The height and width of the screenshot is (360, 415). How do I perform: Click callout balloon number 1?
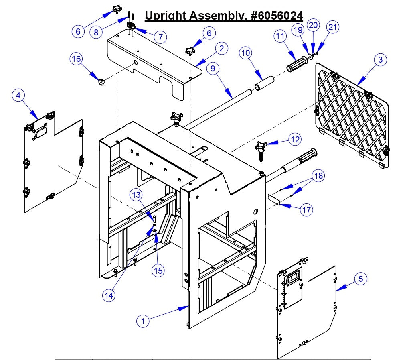coord(143,321)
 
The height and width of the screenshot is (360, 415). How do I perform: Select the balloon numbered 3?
coord(380,60)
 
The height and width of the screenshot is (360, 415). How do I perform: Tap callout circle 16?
coord(76,59)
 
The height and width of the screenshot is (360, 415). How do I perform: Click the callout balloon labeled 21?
coord(333,27)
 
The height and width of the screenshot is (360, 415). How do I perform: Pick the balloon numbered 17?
coord(306,209)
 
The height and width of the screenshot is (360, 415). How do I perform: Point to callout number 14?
coord(109,295)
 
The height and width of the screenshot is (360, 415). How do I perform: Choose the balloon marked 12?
coord(295,139)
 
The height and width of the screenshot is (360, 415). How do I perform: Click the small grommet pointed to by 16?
coord(101,82)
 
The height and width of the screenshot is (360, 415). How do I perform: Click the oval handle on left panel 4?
coord(40,132)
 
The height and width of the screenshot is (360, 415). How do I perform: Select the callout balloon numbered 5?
coord(360,278)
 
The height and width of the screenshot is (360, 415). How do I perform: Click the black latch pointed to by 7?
coord(132,26)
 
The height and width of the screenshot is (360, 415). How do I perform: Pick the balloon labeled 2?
coord(221,49)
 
